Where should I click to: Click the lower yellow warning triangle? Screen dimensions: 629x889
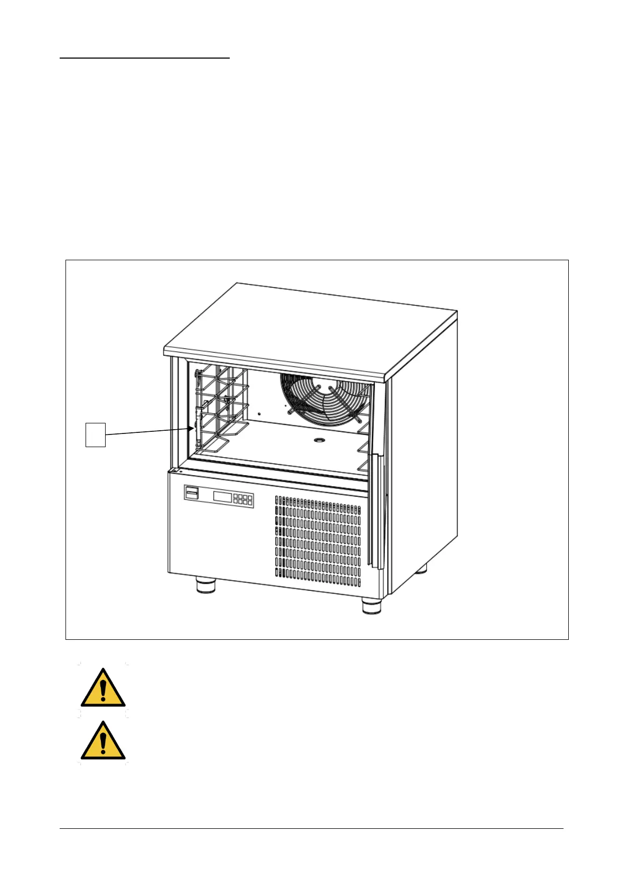click(103, 740)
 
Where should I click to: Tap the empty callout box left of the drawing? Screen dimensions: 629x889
click(96, 434)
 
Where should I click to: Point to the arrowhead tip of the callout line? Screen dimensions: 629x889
click(192, 429)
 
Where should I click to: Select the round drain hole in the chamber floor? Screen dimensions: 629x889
click(319, 439)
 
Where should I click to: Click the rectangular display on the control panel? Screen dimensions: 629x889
click(221, 496)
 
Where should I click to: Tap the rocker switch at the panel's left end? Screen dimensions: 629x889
click(191, 493)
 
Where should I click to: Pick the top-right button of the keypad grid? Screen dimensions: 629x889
click(250, 497)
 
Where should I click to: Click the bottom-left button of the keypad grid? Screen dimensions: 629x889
click(235, 502)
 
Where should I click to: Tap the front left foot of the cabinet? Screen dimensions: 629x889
click(206, 585)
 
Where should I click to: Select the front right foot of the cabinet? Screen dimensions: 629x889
click(372, 605)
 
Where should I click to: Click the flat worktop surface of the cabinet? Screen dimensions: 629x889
click(312, 327)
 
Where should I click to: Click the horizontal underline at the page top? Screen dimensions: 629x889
click(145, 58)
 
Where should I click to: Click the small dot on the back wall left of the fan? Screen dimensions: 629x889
click(259, 413)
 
